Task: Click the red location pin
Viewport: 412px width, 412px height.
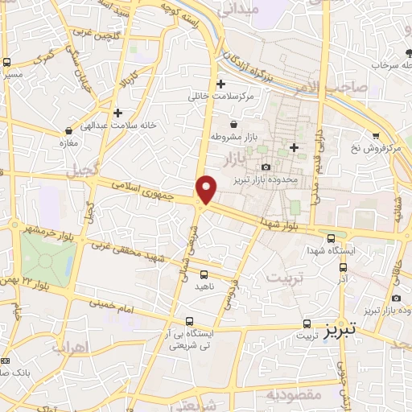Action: click(x=207, y=190)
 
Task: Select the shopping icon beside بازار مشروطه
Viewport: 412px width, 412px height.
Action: click(x=233, y=125)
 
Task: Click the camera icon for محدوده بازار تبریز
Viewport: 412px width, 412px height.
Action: click(x=266, y=167)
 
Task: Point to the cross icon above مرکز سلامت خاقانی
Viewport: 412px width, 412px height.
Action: click(x=221, y=83)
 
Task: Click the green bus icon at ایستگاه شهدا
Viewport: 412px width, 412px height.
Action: click(x=331, y=237)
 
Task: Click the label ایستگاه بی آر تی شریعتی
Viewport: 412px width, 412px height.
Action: click(x=189, y=338)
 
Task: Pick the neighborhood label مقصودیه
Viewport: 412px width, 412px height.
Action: click(x=295, y=395)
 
